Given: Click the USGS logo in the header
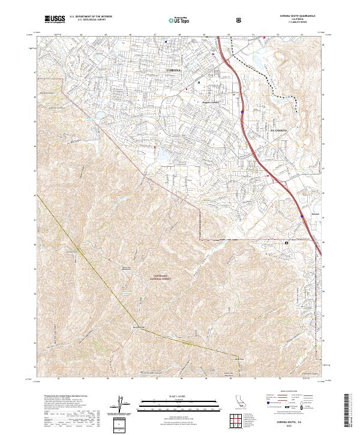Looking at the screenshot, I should pyautogui.click(x=55, y=19).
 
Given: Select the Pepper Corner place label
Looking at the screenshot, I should pyautogui.click(x=211, y=102).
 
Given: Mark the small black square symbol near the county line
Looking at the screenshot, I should pyautogui.click(x=286, y=243).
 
